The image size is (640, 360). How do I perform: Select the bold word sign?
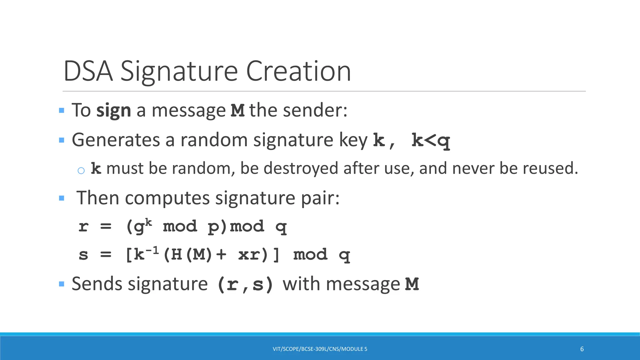coord(113,111)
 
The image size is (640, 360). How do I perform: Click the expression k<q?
coord(431,140)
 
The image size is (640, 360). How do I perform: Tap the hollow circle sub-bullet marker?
coord(81,170)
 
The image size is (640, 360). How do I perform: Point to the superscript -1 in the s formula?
coord(152,250)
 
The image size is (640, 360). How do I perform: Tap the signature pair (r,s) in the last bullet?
coord(245,284)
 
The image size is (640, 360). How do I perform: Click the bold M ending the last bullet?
coord(412,284)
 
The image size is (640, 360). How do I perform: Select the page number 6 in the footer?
coord(582,349)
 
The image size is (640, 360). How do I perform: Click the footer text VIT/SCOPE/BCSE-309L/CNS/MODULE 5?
coord(320,349)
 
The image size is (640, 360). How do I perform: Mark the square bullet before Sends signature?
coord(62,284)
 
